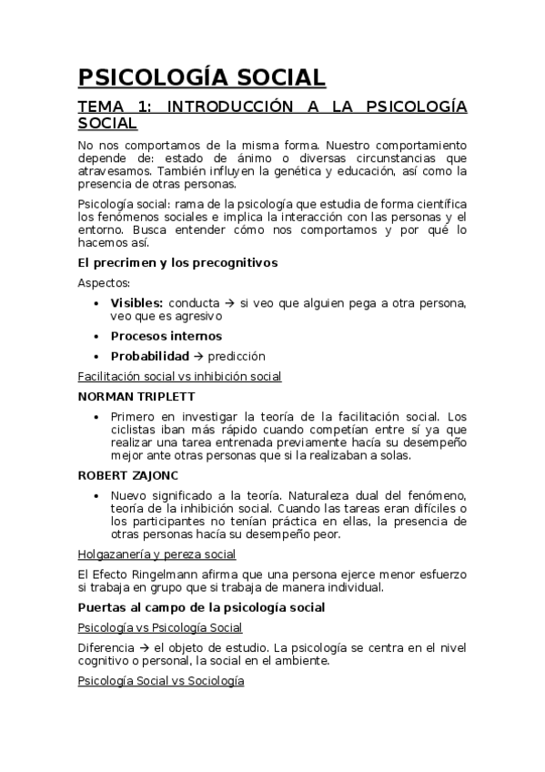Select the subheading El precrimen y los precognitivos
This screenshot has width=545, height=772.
[177, 263]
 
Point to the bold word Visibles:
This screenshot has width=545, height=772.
[136, 302]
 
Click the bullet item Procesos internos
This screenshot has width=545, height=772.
[166, 336]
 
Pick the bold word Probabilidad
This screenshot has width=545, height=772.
[150, 356]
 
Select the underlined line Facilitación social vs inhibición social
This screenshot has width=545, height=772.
[179, 376]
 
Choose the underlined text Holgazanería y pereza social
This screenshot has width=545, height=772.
[156, 554]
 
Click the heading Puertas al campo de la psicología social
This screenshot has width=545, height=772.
[202, 606]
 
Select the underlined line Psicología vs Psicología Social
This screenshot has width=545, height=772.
[160, 627]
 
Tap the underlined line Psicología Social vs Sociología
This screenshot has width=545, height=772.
[161, 680]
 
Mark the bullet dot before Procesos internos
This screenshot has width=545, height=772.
[97, 336]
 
